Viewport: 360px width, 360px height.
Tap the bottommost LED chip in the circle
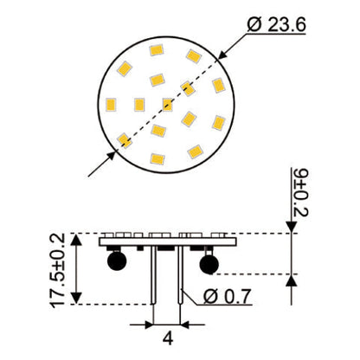pyautogui.click(x=157, y=158)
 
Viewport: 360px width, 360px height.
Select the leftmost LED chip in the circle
pyautogui.click(x=111, y=106)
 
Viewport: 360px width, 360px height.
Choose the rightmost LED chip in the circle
pyautogui.click(x=219, y=85)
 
